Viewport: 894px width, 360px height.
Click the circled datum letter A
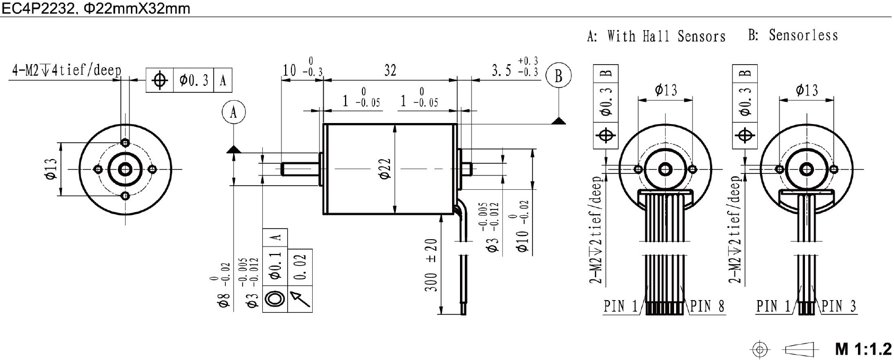[233, 112]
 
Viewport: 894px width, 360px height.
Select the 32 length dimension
[390, 70]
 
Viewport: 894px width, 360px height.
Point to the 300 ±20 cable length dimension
[431, 265]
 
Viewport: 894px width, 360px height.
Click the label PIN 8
[707, 306]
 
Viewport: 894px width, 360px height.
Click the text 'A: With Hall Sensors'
[656, 36]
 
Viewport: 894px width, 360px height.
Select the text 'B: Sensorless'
[793, 35]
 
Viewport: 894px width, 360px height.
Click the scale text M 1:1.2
[863, 348]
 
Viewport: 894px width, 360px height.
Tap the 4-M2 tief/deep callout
[66, 70]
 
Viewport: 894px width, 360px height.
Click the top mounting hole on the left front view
[126, 143]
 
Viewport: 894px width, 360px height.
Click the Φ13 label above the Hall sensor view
[666, 90]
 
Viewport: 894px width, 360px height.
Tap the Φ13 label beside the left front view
[51, 169]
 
